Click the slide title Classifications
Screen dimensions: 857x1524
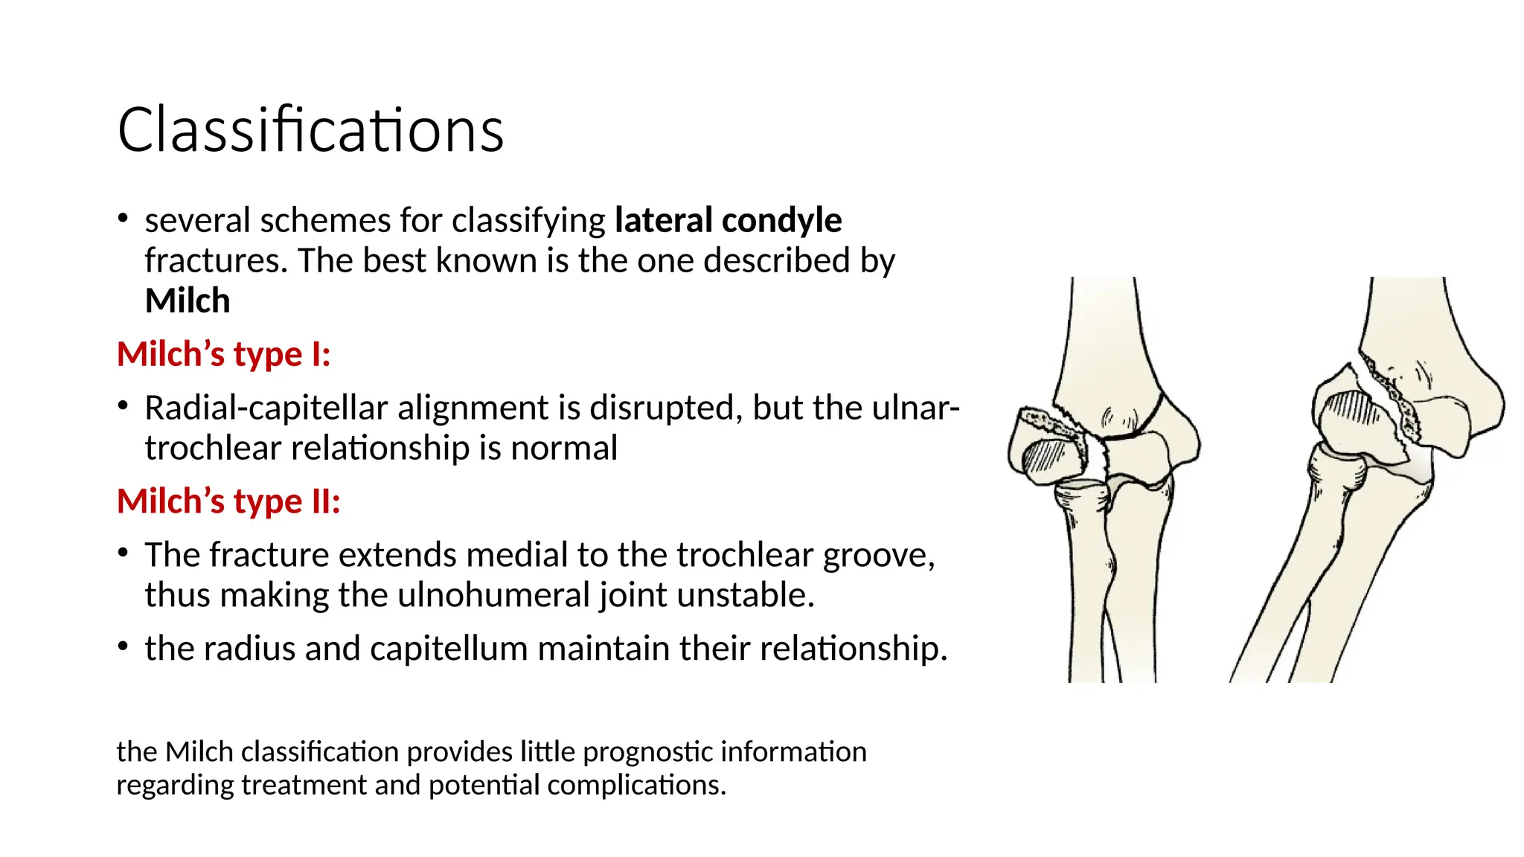pos(310,130)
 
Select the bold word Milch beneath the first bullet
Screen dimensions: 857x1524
pos(188,301)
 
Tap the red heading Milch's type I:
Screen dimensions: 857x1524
pos(223,354)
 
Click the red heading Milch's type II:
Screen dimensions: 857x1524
pos(228,501)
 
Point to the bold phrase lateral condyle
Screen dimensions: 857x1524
pos(728,221)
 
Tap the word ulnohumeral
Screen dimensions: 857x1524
pos(494,595)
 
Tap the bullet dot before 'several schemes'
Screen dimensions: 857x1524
pos(124,219)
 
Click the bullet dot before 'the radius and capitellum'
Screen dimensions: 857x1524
pos(124,647)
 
